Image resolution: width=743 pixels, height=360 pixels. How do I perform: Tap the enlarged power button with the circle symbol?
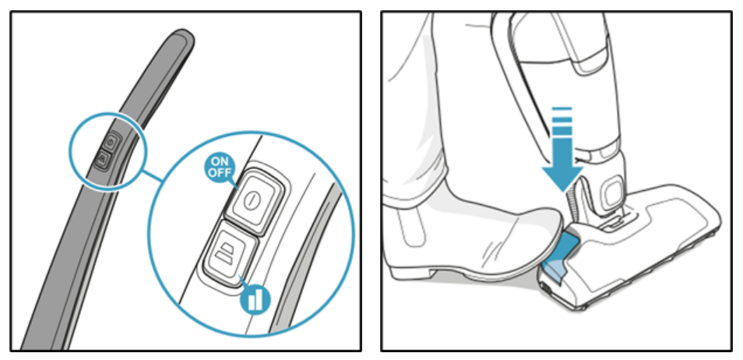point(255,200)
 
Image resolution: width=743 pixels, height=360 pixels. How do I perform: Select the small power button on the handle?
point(110,141)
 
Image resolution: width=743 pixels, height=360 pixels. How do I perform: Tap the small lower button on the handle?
point(102,159)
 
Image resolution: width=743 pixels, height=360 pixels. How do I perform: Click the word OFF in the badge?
point(219,173)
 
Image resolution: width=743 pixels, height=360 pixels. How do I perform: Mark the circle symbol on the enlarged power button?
point(250,199)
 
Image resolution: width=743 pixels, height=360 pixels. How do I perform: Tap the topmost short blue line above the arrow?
point(562,110)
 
